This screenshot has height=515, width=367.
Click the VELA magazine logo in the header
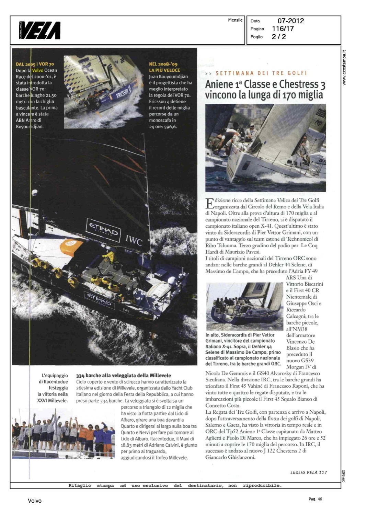pyautogui.click(x=40, y=30)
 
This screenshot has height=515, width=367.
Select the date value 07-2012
pyautogui.click(x=290, y=21)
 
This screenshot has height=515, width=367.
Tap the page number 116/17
pyautogui.click(x=283, y=29)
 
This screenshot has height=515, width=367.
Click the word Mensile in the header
pyautogui.click(x=235, y=20)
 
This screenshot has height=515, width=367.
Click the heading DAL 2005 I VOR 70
pyautogui.click(x=35, y=64)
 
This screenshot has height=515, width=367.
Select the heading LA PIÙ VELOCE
pyautogui.click(x=164, y=70)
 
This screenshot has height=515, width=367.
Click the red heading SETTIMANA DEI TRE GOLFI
pyautogui.click(x=261, y=73)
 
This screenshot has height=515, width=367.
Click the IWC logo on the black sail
pyautogui.click(x=134, y=241)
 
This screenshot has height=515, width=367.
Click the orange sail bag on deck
pyautogui.click(x=71, y=246)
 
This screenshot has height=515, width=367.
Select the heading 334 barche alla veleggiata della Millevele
pyautogui.click(x=124, y=375)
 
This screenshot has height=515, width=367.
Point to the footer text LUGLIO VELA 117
pyautogui.click(x=309, y=472)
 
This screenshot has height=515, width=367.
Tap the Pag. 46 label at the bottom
pyautogui.click(x=315, y=499)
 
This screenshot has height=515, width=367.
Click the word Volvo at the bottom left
pyautogui.click(x=35, y=501)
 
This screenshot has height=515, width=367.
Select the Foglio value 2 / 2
pyautogui.click(x=279, y=37)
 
